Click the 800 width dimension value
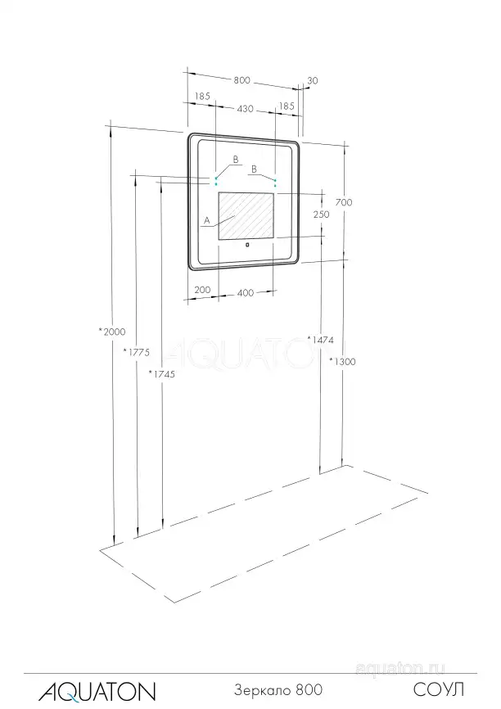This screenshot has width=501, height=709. point(242,80)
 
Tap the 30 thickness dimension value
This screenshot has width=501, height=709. point(313,81)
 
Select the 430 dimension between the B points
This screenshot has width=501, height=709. point(245,109)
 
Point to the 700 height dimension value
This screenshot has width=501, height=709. point(344,202)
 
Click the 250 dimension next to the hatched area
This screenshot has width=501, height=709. point(322,215)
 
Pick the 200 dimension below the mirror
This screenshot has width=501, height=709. point(202,290)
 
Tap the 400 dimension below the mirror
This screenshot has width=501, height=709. point(246,293)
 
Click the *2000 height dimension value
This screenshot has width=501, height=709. point(112,332)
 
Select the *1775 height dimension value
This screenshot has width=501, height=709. point(137,352)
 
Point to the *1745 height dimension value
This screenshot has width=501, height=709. point(162,374)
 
